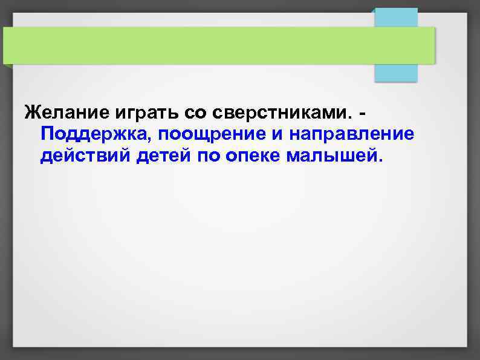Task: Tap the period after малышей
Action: (x=380, y=161)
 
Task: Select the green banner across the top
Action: (x=218, y=45)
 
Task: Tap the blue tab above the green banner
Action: (x=396, y=17)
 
